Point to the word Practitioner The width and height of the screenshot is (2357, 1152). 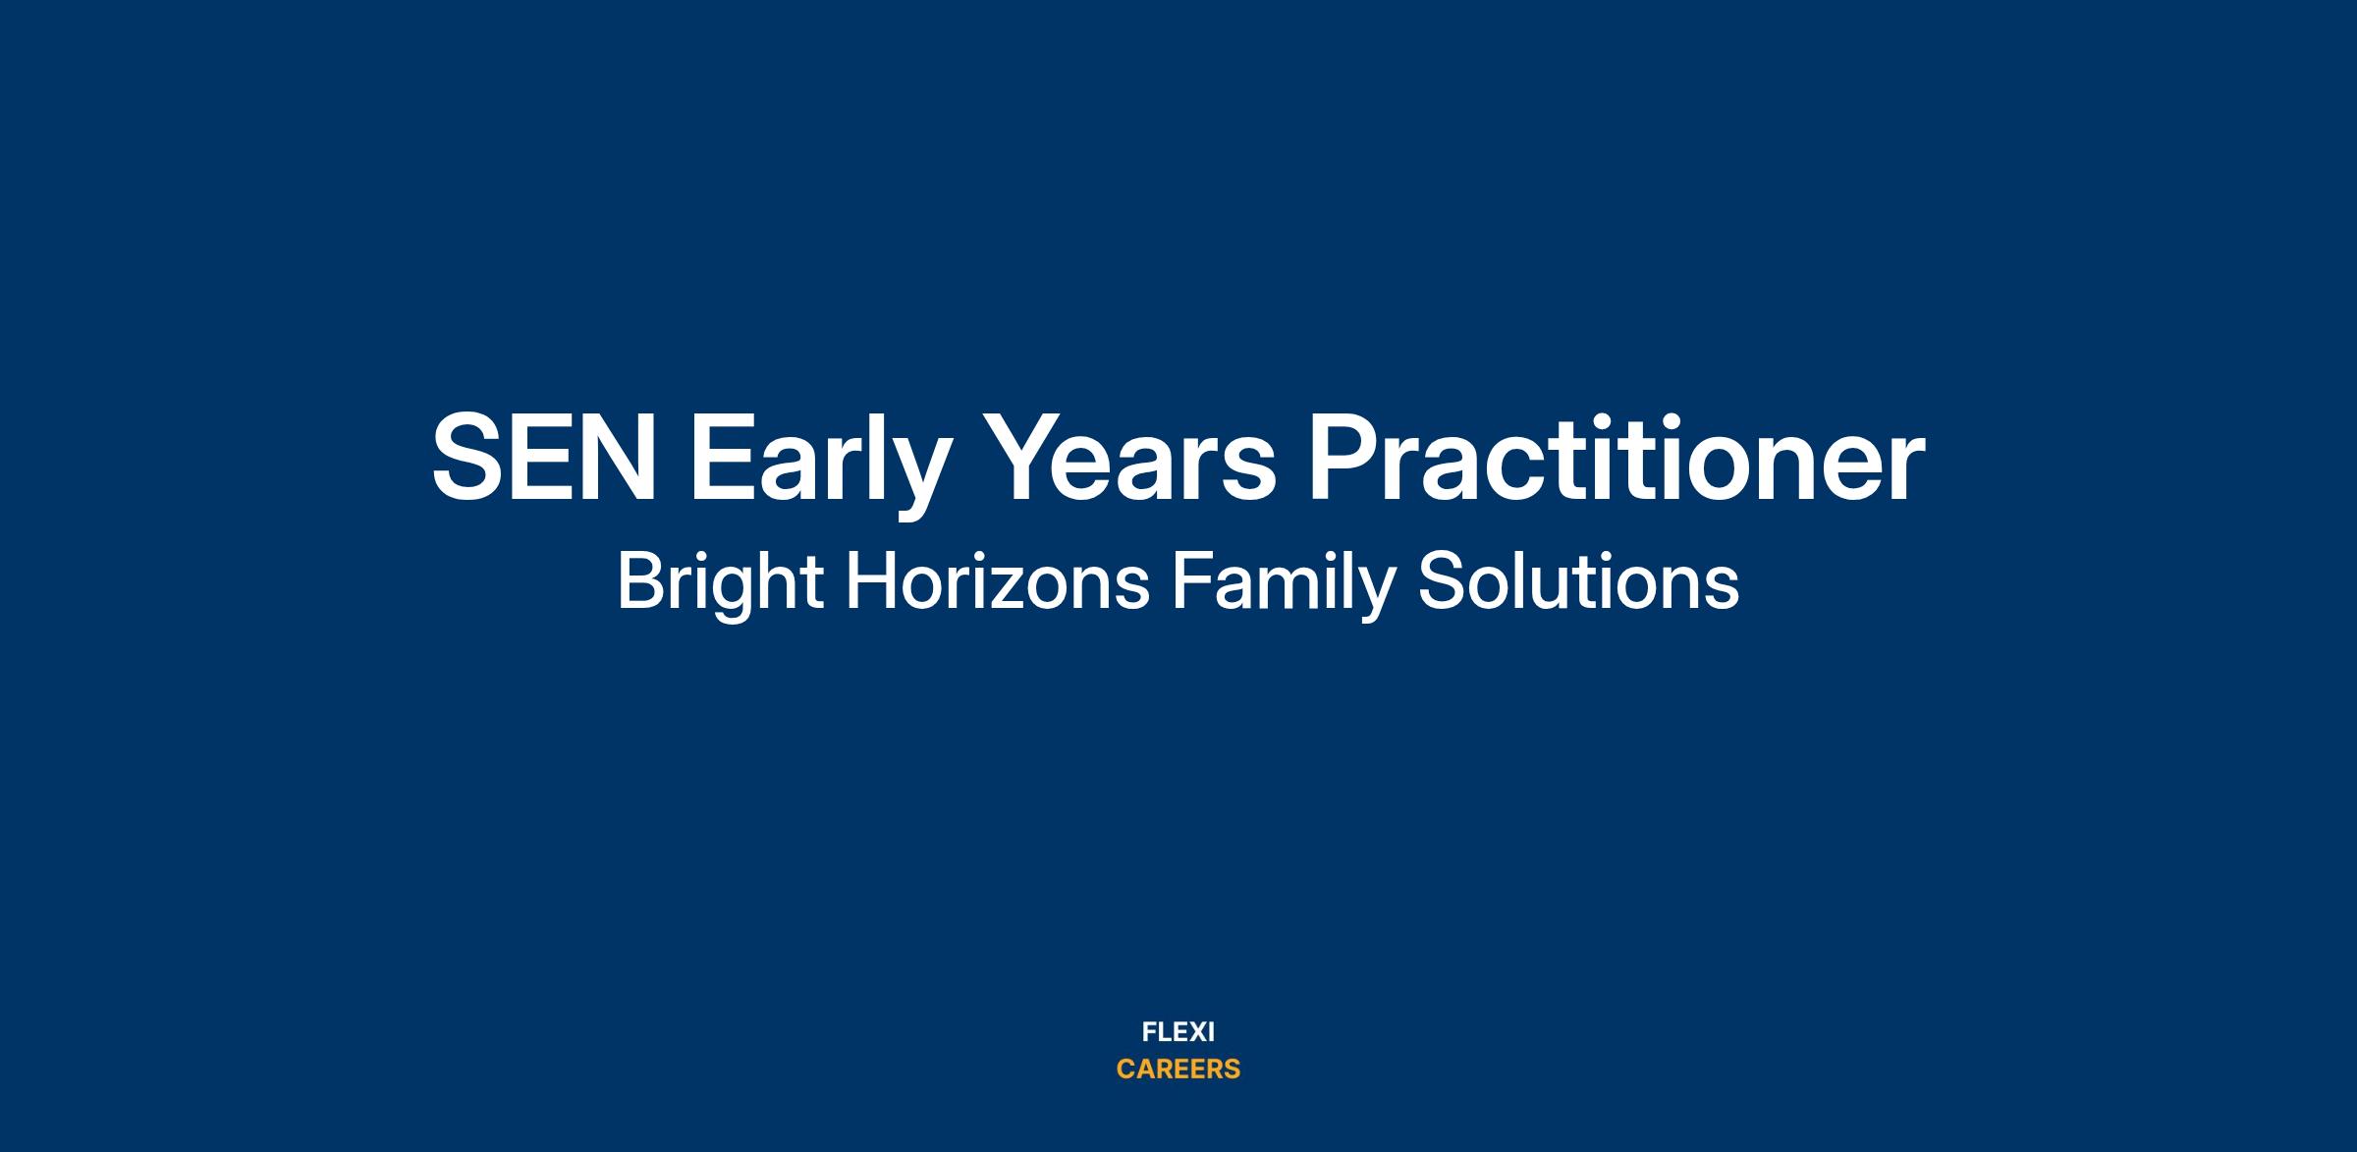point(1617,456)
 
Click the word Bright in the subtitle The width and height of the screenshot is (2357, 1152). point(720,583)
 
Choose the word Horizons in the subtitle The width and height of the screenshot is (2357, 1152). point(998,581)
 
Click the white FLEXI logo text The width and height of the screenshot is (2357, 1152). point(1178,1032)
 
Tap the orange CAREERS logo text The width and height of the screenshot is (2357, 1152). point(1178,1070)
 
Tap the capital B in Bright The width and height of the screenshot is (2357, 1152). point(639,581)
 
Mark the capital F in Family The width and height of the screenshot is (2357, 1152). point(1191,581)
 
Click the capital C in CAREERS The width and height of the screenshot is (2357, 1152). point(1126,1070)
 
